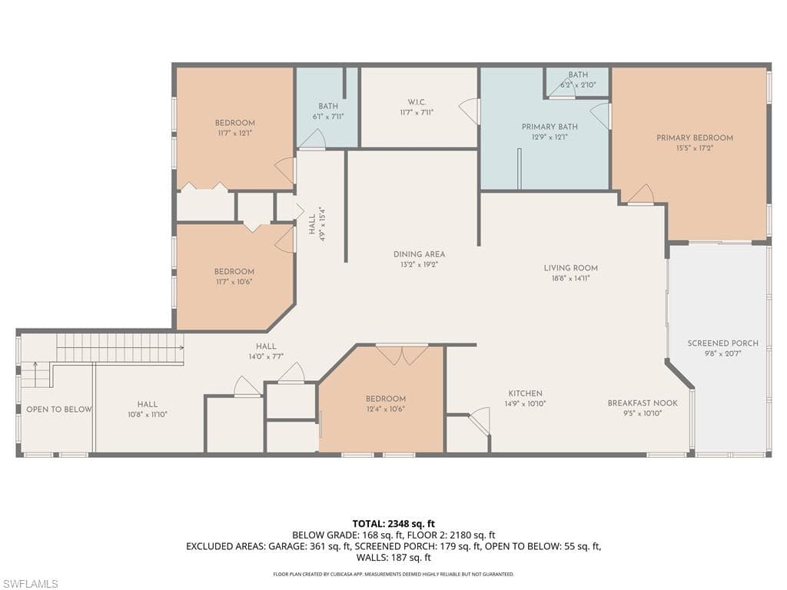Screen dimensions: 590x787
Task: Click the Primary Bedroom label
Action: (x=694, y=138)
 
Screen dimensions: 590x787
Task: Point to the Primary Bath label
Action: (x=550, y=127)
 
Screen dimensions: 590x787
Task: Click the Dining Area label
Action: (x=419, y=254)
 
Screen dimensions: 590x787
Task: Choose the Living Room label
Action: (x=570, y=268)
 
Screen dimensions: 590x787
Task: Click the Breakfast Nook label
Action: (x=642, y=403)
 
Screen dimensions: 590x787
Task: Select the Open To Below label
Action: (x=58, y=409)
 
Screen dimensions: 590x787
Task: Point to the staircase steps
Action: (x=119, y=348)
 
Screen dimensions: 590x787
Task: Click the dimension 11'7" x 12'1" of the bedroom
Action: (x=234, y=133)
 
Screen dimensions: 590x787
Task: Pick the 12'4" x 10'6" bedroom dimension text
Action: (x=385, y=409)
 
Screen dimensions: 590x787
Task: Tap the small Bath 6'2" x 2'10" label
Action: (x=578, y=85)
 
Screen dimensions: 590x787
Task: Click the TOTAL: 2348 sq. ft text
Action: (x=393, y=524)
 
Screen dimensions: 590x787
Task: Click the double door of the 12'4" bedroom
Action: (x=402, y=354)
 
